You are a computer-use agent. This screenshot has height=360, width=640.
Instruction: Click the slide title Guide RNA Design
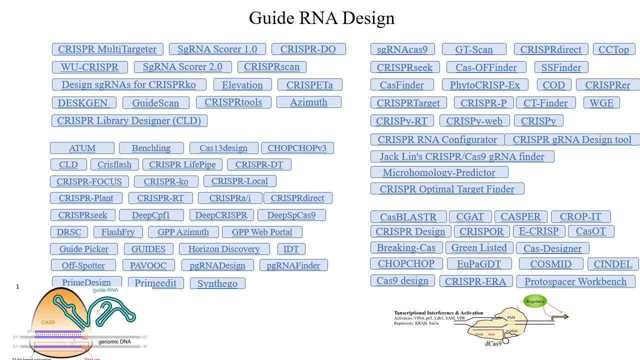(321, 18)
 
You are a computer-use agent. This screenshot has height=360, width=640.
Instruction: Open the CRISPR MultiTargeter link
(107, 49)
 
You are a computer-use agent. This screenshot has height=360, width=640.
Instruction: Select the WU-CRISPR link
(89, 67)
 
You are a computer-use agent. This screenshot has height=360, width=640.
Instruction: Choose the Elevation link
(242, 85)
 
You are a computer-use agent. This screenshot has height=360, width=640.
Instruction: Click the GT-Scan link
(474, 49)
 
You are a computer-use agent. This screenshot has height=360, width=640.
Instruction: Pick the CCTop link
(613, 49)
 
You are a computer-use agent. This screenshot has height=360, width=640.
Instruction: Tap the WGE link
(601, 103)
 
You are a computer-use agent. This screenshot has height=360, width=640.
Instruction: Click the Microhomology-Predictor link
(439, 172)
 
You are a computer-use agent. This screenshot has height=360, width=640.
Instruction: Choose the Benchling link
(151, 148)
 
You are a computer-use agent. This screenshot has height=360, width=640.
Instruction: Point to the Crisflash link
(114, 164)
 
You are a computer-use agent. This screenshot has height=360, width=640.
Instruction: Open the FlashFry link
(117, 232)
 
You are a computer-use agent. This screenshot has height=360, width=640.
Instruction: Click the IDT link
(291, 249)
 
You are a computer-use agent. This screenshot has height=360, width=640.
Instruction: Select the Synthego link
(217, 283)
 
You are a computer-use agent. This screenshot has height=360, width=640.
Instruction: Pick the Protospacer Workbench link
(575, 281)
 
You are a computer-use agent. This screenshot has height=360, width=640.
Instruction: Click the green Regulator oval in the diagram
(535, 301)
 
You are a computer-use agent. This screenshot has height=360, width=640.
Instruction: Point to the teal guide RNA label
(105, 290)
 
